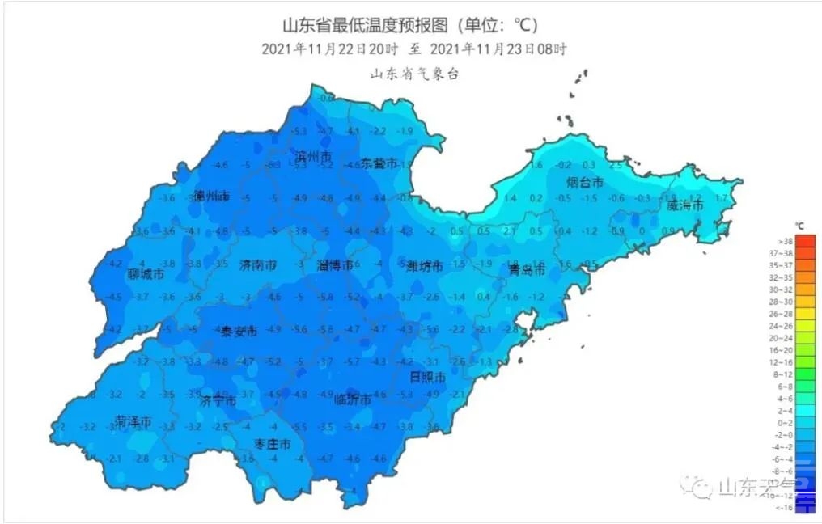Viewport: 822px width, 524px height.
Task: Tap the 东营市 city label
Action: click(379, 163)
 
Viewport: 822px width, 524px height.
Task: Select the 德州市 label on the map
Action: click(212, 196)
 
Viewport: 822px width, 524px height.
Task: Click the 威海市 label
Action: click(684, 205)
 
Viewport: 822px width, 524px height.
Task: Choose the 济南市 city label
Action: click(258, 265)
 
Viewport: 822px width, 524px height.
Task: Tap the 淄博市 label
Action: click(335, 265)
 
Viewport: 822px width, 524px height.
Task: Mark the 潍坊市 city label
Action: click(422, 266)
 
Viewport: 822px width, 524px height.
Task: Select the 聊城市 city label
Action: click(146, 275)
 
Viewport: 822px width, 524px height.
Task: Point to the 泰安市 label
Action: click(239, 332)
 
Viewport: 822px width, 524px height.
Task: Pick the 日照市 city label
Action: click(427, 378)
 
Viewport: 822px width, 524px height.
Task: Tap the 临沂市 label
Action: click(353, 399)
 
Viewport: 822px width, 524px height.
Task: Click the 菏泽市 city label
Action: click(133, 422)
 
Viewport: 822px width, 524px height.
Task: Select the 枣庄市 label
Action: click(272, 444)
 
